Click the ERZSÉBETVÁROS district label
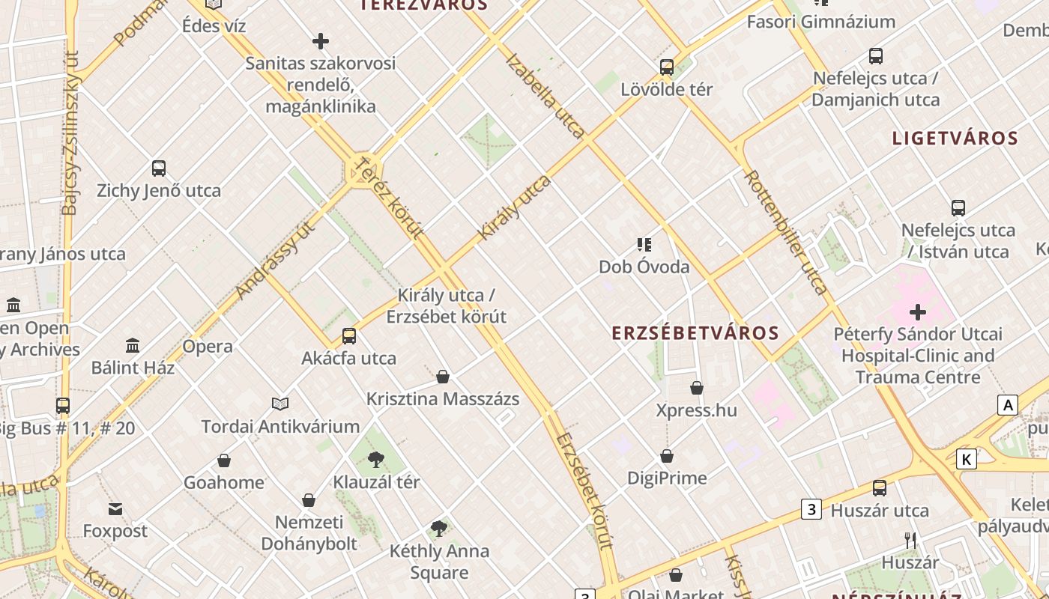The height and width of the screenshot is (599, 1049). coord(695,333)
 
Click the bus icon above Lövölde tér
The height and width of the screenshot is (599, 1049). coord(666,67)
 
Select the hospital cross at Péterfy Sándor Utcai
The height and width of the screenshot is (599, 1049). coord(917,311)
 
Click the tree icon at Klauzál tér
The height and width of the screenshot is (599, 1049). coord(376,460)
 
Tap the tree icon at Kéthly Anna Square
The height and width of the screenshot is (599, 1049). coord(439,529)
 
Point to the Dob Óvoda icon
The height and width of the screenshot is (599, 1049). coord(644,245)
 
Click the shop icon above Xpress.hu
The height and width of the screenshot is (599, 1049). coord(696,388)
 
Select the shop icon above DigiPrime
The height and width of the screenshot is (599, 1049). coord(666,456)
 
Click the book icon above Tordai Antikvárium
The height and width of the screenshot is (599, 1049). coord(280,404)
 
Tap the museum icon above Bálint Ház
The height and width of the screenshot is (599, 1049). coord(133,345)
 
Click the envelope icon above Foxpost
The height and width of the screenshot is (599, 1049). coord(115,509)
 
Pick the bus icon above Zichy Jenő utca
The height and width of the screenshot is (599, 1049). coord(158,168)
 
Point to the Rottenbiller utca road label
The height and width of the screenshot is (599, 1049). coord(786,231)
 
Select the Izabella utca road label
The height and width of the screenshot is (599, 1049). coord(545,96)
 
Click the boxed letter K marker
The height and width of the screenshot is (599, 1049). coord(967,459)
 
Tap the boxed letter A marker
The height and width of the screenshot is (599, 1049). coord(1008,405)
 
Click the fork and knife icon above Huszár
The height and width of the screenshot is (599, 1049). coord(910,540)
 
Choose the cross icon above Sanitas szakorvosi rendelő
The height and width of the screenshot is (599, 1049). coord(321,41)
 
